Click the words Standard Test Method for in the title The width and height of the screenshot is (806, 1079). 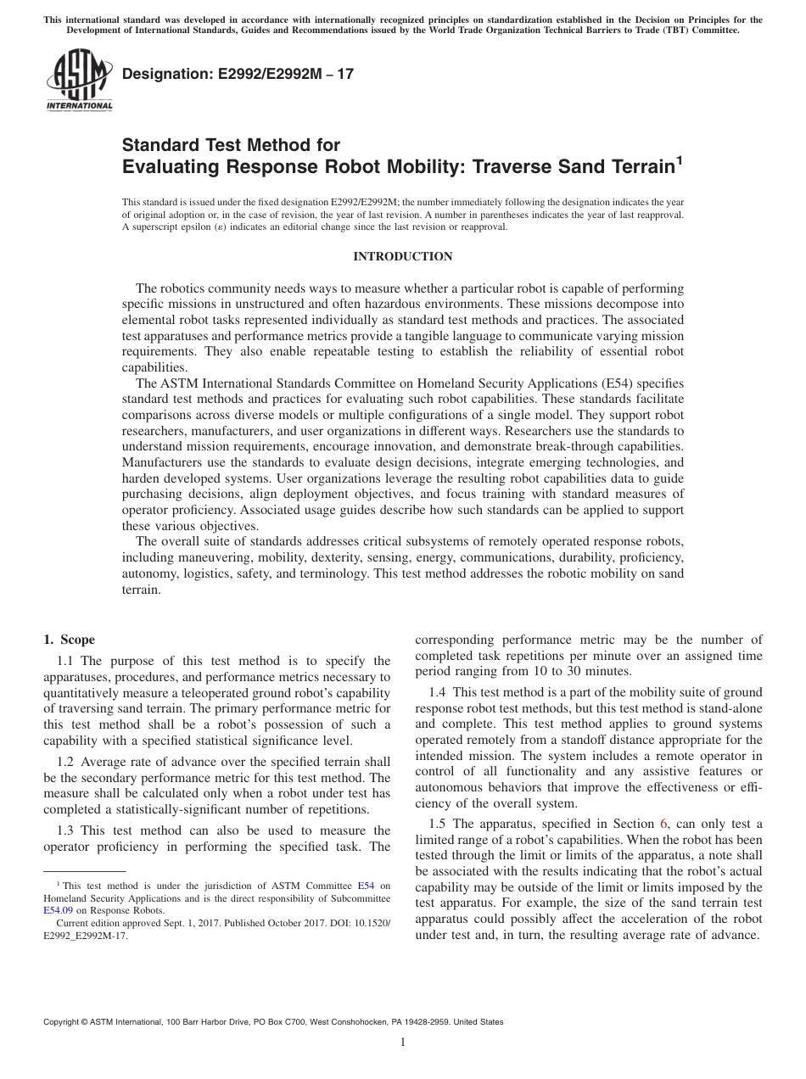[x=231, y=145]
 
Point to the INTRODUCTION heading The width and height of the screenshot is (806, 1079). [x=402, y=256]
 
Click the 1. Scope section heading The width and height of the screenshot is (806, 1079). [x=69, y=640]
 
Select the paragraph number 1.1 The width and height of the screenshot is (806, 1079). [x=66, y=661]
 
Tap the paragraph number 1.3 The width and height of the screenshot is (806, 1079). [x=66, y=830]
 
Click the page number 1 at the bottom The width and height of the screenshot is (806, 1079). [x=403, y=1043]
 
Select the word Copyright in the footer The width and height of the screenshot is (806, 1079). [x=63, y=1022]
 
